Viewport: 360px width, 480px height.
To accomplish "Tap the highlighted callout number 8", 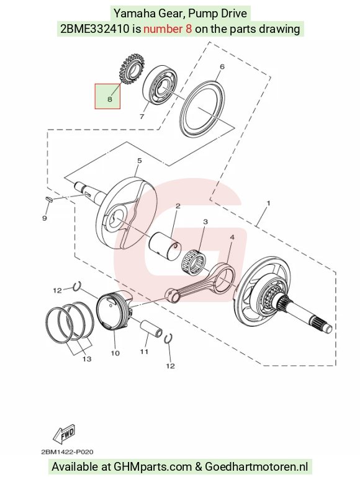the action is (110, 99).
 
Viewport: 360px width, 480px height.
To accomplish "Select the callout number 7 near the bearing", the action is (142, 117).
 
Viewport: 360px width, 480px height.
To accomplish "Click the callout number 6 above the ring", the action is (222, 66).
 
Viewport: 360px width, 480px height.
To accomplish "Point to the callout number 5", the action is (140, 161).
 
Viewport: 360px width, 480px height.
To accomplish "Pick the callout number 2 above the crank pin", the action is (178, 206).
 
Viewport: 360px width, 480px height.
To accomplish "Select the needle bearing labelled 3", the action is (194, 262).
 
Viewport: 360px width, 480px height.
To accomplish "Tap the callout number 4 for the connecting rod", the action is (232, 238).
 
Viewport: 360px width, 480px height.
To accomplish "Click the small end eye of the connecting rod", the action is (173, 295).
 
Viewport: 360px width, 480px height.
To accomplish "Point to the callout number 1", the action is (269, 203).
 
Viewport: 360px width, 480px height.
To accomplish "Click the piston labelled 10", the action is (115, 311).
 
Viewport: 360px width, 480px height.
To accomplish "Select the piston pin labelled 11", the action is (151, 329).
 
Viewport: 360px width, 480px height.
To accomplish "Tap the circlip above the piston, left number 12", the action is (77, 286).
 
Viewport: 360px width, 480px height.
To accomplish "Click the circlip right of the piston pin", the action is (168, 339).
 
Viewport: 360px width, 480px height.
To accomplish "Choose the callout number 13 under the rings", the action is (87, 359).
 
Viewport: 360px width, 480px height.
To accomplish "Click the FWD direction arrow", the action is (64, 433).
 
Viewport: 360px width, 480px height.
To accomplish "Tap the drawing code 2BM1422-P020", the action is (67, 452).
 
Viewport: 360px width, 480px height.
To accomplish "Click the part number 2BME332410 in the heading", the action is (95, 29).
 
